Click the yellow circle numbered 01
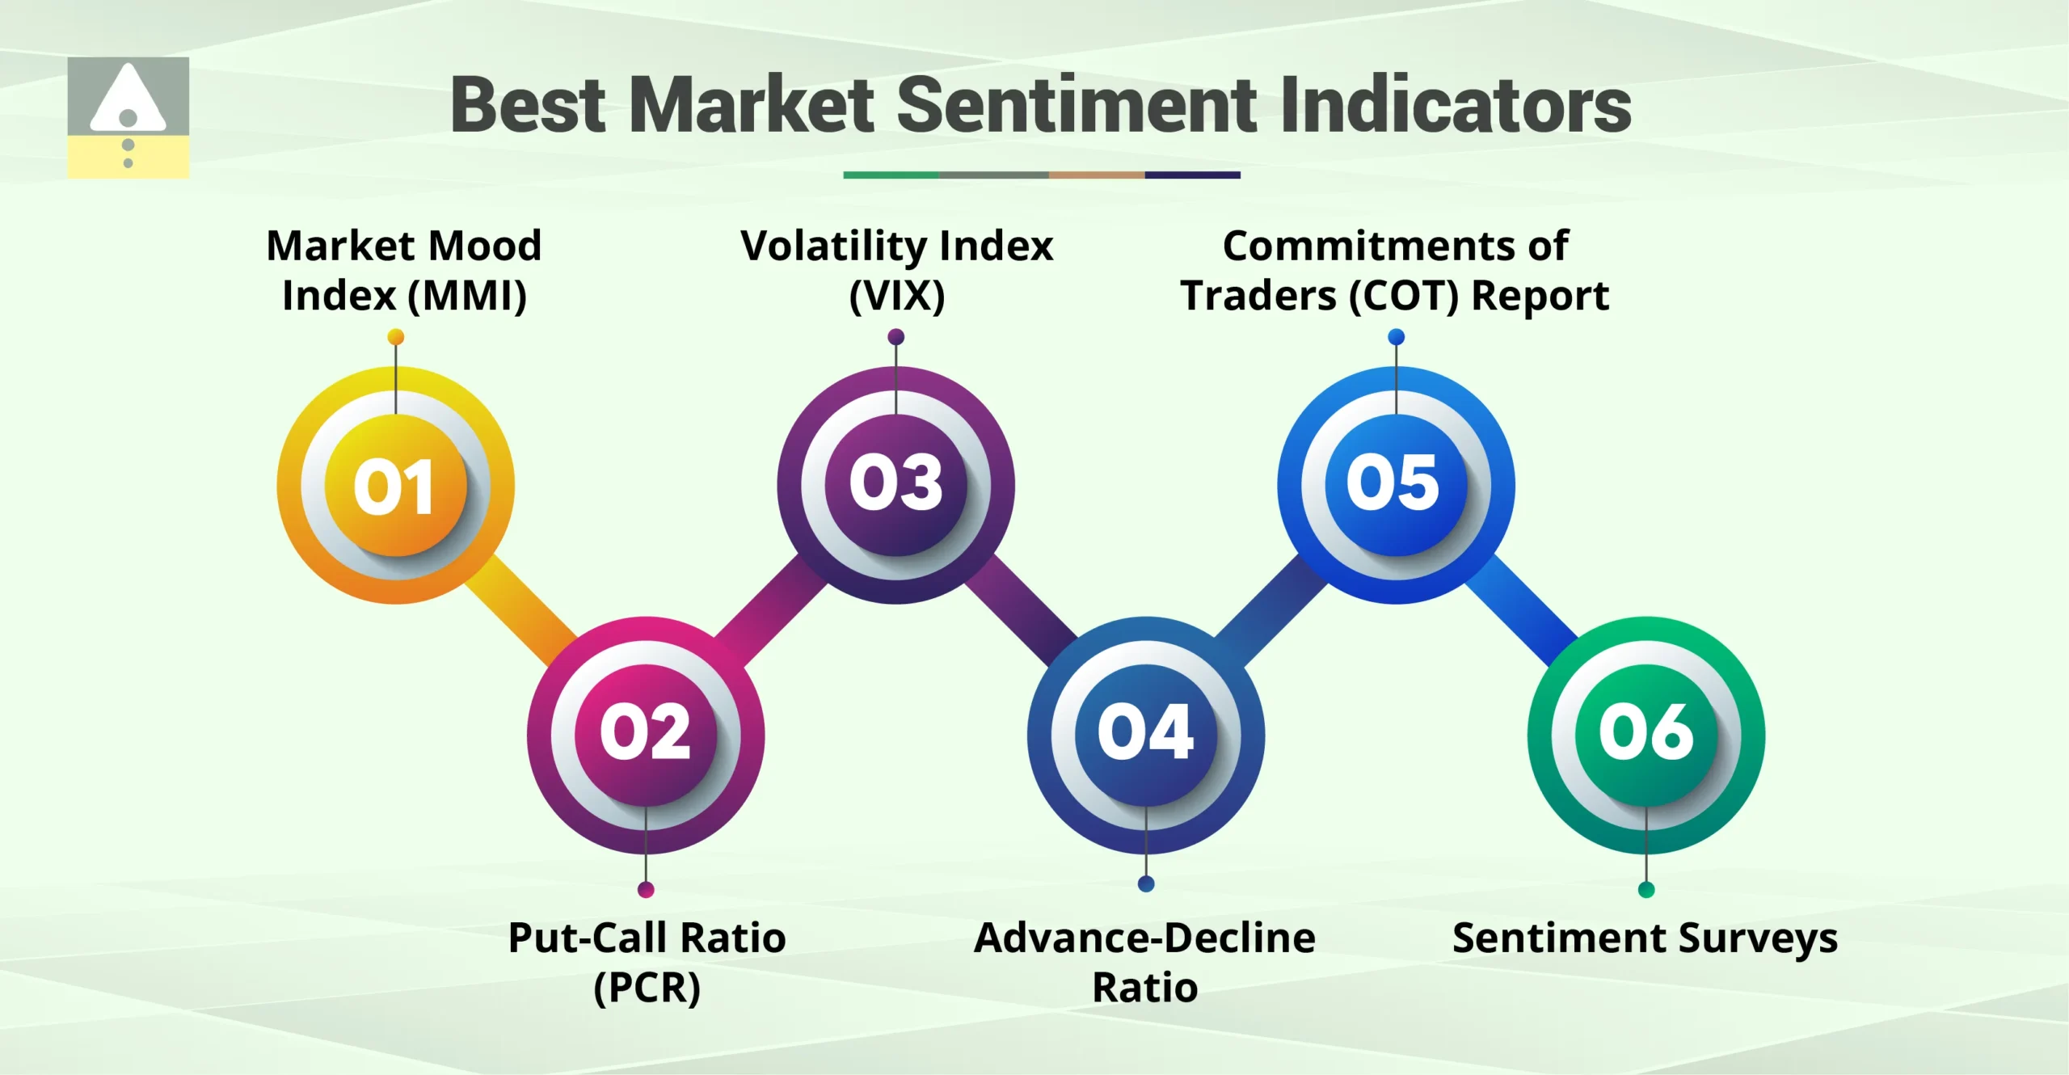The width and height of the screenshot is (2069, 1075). pyautogui.click(x=395, y=485)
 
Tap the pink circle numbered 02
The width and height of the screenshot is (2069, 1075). pyautogui.click(x=645, y=734)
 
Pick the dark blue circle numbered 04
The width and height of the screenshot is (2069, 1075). pyautogui.click(x=1145, y=734)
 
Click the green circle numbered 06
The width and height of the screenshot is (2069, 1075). pyautogui.click(x=1646, y=734)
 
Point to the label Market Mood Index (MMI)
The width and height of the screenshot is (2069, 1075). pyautogui.click(x=404, y=270)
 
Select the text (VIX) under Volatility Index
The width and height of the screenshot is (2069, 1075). pyautogui.click(x=896, y=296)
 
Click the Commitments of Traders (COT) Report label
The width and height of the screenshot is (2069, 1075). pyautogui.click(x=1395, y=270)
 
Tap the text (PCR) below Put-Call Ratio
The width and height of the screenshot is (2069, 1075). pyautogui.click(x=647, y=988)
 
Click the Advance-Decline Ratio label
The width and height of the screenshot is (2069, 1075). pyautogui.click(x=1145, y=962)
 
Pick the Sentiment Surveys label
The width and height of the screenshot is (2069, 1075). pyautogui.click(x=1645, y=938)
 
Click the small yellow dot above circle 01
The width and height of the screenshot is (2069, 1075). pyautogui.click(x=395, y=337)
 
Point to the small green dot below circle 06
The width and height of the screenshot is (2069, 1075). pyautogui.click(x=1646, y=890)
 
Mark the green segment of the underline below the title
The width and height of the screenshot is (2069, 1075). pyautogui.click(x=891, y=175)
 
